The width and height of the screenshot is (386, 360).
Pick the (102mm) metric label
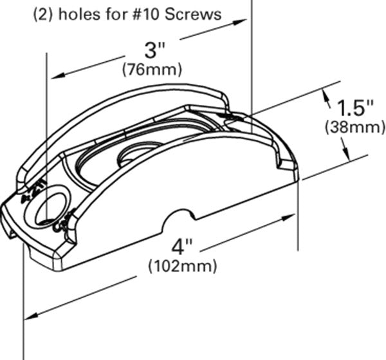(182, 265)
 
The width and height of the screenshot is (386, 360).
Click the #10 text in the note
(150, 14)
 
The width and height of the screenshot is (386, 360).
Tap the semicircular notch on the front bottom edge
(179, 220)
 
